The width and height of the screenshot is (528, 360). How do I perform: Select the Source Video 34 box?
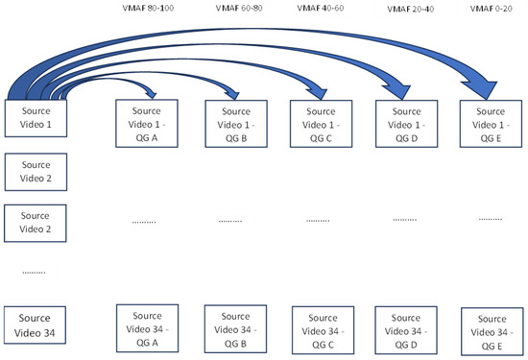point(36,322)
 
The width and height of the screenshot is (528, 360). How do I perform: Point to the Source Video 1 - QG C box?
point(319,123)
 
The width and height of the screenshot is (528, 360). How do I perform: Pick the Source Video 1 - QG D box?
point(402,123)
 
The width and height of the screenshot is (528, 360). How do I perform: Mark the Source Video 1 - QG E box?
point(489,123)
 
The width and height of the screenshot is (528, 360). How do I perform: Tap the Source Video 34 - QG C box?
point(319,326)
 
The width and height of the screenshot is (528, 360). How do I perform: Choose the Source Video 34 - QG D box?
point(402,326)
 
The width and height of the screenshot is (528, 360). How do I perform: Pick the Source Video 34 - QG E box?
point(489,328)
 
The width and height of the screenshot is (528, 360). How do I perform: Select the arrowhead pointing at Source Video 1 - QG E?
point(494,89)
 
